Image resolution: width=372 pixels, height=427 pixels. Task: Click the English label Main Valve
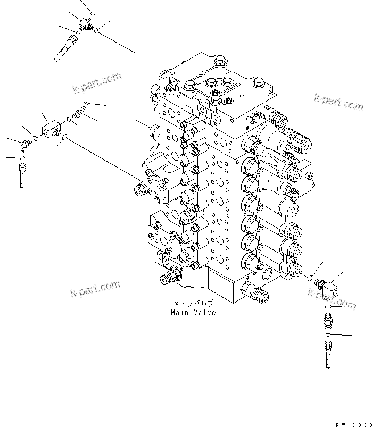click(193, 313)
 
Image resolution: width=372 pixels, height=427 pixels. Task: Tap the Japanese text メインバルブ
click(194, 303)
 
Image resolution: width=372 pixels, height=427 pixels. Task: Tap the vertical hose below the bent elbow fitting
click(22, 175)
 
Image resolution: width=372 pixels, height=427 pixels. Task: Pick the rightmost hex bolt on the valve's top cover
click(259, 82)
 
